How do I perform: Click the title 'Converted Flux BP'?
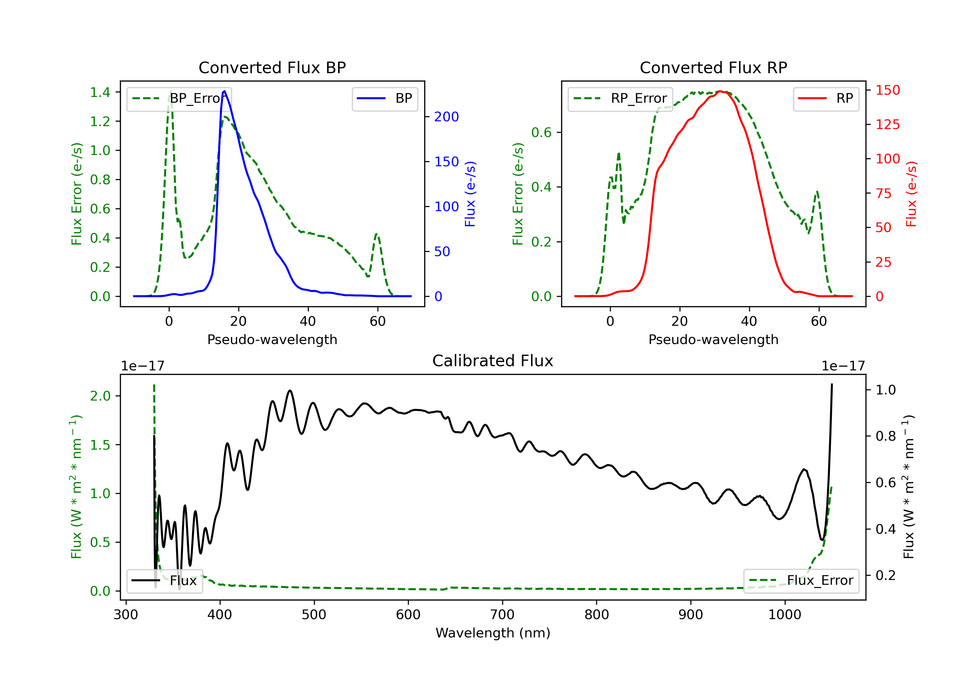272,67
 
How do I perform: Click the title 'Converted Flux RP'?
713,67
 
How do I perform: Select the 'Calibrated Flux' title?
493,361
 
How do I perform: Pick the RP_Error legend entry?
620,99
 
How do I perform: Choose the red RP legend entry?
826,99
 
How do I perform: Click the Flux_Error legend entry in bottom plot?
801,581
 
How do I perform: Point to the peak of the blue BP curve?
224,91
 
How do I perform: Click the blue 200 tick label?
446,117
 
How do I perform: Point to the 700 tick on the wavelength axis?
502,615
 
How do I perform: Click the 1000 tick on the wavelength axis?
785,615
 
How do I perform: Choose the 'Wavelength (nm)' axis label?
493,633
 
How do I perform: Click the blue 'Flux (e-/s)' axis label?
470,194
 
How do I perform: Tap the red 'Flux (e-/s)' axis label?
911,194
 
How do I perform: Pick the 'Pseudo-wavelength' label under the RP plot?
713,339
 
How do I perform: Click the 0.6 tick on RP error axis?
541,133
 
